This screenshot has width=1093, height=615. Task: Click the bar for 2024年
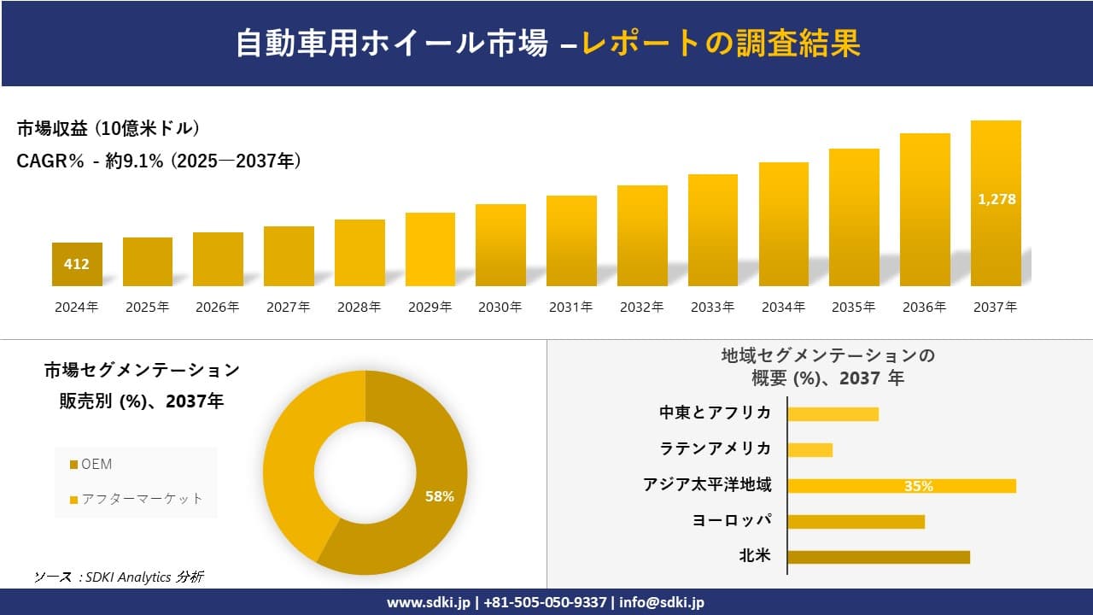(77, 265)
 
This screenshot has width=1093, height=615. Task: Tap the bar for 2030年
(500, 245)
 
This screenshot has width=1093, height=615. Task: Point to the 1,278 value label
(996, 199)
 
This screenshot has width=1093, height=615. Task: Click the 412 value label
(77, 265)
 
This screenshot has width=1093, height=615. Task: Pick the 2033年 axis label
(712, 307)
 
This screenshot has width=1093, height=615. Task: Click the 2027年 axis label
(289, 307)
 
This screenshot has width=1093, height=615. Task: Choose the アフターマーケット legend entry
(137, 499)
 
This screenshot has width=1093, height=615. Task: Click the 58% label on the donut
(440, 496)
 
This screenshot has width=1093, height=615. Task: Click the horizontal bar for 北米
(878, 557)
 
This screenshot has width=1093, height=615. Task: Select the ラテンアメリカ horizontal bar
(810, 449)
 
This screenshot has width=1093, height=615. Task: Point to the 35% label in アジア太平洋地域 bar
(918, 486)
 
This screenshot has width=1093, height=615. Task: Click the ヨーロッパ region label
(732, 521)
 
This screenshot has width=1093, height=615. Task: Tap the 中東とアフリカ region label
(715, 413)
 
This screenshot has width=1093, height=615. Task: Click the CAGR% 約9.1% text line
(159, 161)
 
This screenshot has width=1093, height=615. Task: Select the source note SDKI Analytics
(119, 577)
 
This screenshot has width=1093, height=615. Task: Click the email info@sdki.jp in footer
(662, 602)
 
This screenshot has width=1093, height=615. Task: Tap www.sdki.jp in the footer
(430, 602)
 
